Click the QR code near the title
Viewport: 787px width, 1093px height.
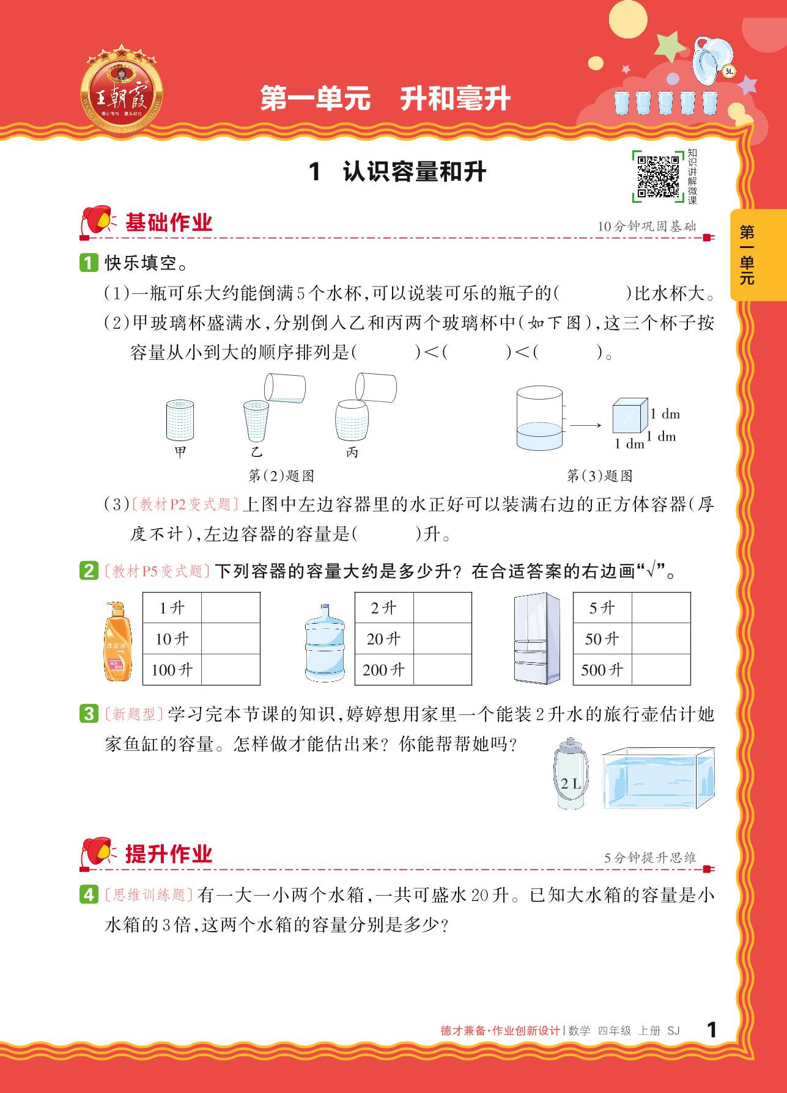tap(658, 177)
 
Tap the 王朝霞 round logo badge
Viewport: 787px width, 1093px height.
tap(122, 92)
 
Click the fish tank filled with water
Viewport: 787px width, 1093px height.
tap(658, 778)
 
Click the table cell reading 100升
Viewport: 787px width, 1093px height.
tap(172, 670)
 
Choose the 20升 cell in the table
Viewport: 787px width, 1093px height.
tap(384, 638)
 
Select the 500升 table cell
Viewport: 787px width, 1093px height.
tap(602, 670)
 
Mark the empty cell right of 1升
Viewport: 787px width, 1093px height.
tap(231, 608)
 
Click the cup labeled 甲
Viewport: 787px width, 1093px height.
tap(180, 420)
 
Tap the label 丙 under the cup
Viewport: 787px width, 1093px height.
tap(352, 453)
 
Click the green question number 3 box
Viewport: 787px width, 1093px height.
tap(89, 714)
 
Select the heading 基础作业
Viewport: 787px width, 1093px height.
tap(169, 222)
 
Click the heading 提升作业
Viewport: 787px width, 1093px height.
tap(169, 854)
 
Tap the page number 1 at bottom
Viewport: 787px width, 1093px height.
tap(711, 1029)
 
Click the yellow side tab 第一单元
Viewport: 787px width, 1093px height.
tap(747, 255)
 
